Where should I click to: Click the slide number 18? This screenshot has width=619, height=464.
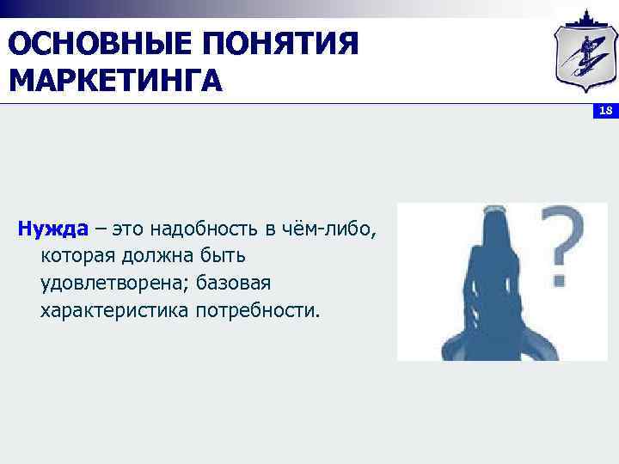(604, 111)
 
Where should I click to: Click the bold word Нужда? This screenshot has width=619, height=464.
(52, 229)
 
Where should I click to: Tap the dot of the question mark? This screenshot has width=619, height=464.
(561, 279)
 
